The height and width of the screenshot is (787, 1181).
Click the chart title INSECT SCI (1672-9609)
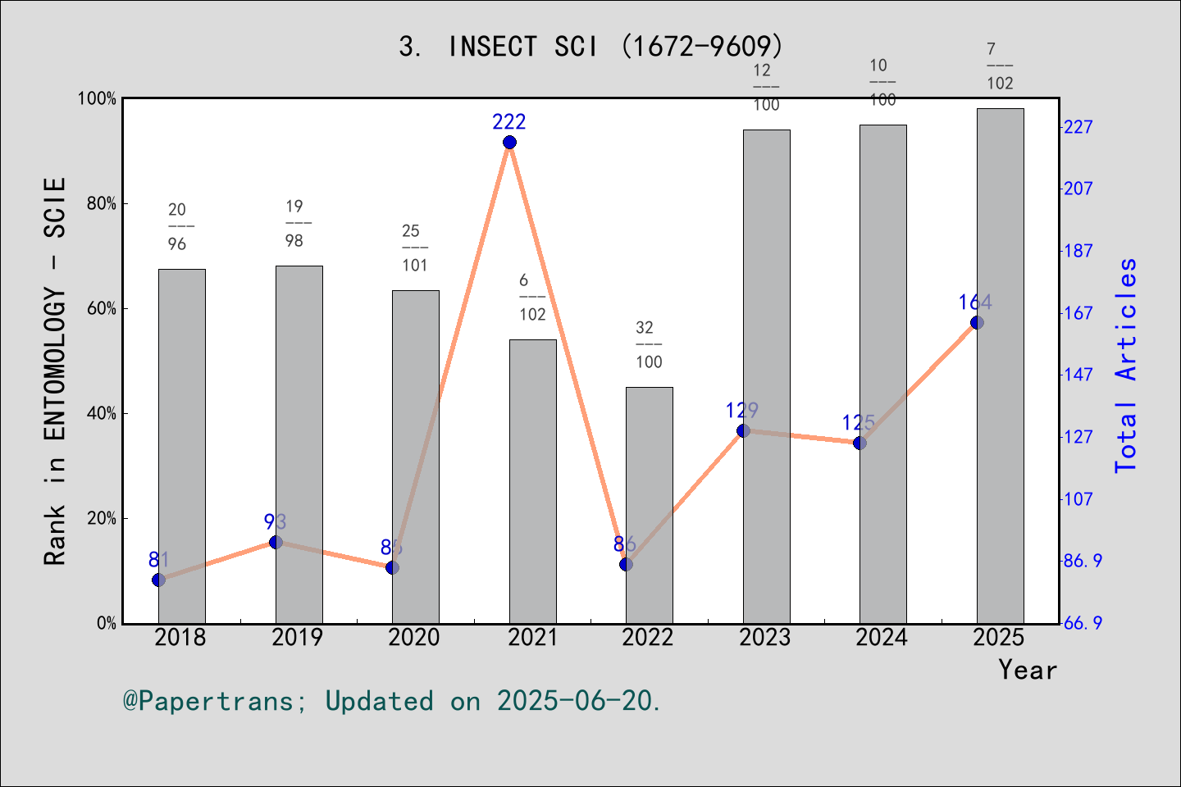click(x=590, y=47)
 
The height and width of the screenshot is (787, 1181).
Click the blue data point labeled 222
click(x=509, y=143)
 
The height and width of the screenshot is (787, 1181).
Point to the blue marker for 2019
click(x=276, y=542)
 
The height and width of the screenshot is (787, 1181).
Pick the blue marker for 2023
click(x=743, y=430)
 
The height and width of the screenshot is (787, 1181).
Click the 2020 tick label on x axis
click(x=414, y=638)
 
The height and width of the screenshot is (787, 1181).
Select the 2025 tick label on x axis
click(x=999, y=638)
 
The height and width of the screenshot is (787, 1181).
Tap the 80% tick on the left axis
click(x=102, y=203)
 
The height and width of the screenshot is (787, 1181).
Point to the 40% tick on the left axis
click(x=102, y=413)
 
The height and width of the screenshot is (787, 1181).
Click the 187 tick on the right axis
click(x=1078, y=251)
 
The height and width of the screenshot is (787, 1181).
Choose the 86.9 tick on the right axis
click(x=1083, y=561)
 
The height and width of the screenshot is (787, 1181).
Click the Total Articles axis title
click(x=1127, y=365)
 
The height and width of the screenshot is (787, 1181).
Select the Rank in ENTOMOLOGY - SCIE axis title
click(x=55, y=371)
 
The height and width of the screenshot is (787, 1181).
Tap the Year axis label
click(x=1027, y=670)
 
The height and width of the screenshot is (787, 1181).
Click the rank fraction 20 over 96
click(x=178, y=227)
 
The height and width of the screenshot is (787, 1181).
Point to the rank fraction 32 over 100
click(x=648, y=344)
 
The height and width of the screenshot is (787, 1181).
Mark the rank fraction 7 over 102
click(x=999, y=66)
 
